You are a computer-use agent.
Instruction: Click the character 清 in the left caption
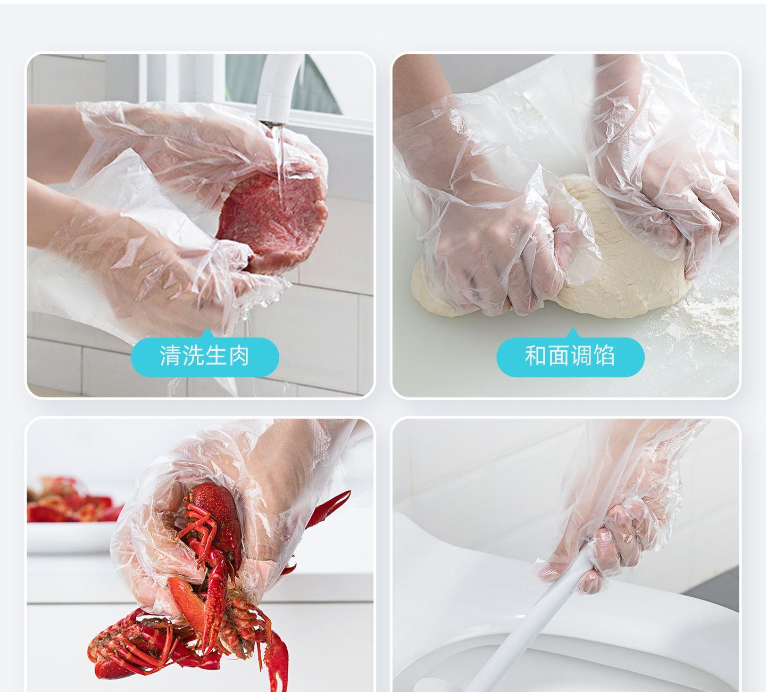tap(170, 356)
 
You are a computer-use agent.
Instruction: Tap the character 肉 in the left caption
tap(239, 356)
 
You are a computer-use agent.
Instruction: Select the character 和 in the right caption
tap(536, 356)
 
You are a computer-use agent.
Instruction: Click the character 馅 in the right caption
tap(604, 356)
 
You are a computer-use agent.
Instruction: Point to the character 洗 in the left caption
tap(193, 356)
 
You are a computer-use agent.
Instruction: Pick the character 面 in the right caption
tap(559, 356)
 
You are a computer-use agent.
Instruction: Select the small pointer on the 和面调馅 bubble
tap(573, 333)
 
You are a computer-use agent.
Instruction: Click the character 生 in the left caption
tap(216, 356)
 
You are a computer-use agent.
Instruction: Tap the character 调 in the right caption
tap(581, 356)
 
